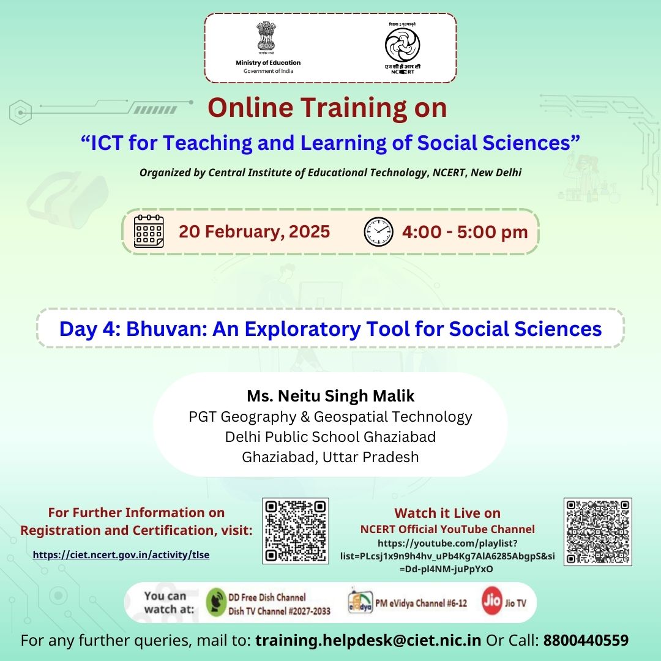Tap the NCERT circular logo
tap(402, 46)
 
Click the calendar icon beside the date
tap(149, 231)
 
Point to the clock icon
tap(378, 232)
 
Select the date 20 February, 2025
tap(254, 232)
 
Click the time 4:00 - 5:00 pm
tap(465, 232)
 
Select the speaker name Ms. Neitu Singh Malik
tap(330, 395)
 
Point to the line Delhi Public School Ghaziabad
tap(330, 437)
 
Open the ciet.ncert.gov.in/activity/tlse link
tap(121, 555)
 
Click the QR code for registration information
tap(295, 531)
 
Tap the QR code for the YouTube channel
tap(597, 531)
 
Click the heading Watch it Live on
tap(447, 513)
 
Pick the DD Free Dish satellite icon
tap(216, 602)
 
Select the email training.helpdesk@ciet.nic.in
tap(368, 641)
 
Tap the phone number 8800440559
tap(586, 641)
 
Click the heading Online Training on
tap(327, 108)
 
